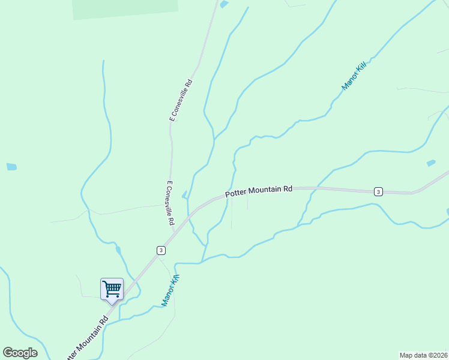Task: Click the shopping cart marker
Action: pyautogui.click(x=112, y=289)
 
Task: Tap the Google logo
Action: pyautogui.click(x=20, y=353)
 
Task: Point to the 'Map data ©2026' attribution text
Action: pyautogui.click(x=423, y=355)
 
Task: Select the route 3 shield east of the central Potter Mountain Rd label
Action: pyautogui.click(x=378, y=191)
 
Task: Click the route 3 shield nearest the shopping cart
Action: pyautogui.click(x=161, y=250)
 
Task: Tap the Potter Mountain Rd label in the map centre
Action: pyautogui.click(x=259, y=191)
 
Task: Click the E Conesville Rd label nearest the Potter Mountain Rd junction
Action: pyautogui.click(x=170, y=204)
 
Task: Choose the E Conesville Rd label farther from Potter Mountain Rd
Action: pyautogui.click(x=181, y=100)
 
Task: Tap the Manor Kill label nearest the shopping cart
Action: pyautogui.click(x=171, y=290)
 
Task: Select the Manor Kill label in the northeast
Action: pyautogui.click(x=354, y=76)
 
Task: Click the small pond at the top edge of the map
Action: pyautogui.click(x=224, y=4)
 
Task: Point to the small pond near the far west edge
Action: pyautogui.click(x=11, y=167)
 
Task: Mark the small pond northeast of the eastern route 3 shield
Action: pyautogui.click(x=430, y=163)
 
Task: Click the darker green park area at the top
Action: pyautogui.click(x=125, y=8)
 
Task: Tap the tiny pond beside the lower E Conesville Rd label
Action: pyautogui.click(x=184, y=194)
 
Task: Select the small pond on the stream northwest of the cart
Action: pyautogui.click(x=118, y=250)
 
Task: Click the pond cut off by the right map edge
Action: pyautogui.click(x=447, y=212)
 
